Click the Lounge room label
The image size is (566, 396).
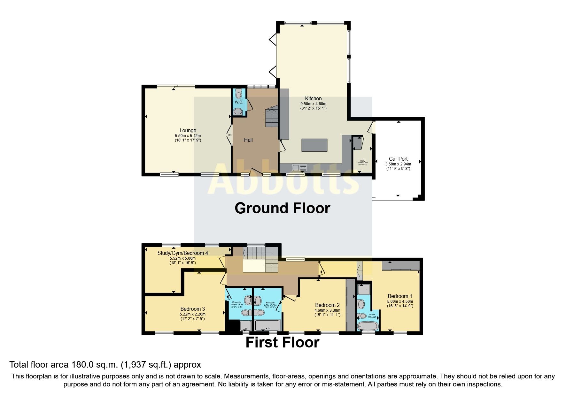[188, 130]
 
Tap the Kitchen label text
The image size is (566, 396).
[313, 98]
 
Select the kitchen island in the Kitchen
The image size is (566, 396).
[314, 145]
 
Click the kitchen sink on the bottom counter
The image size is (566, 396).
[296, 168]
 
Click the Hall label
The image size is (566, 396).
[248, 140]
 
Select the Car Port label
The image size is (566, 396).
[398, 159]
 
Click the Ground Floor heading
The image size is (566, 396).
[282, 208]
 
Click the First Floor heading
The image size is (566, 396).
[282, 342]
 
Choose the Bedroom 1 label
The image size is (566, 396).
[400, 296]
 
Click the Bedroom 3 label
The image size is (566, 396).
[192, 309]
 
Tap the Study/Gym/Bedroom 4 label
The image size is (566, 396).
[182, 253]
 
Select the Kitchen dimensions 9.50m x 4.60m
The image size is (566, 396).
[313, 104]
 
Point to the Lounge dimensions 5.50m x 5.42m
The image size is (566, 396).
[188, 136]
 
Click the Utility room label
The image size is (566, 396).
[362, 161]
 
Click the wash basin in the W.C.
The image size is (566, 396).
[238, 111]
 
